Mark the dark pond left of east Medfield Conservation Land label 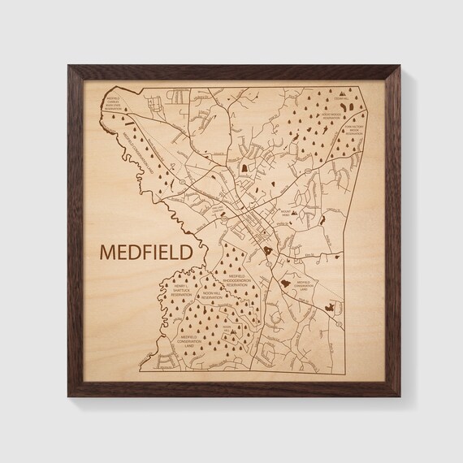coord(284,284)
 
